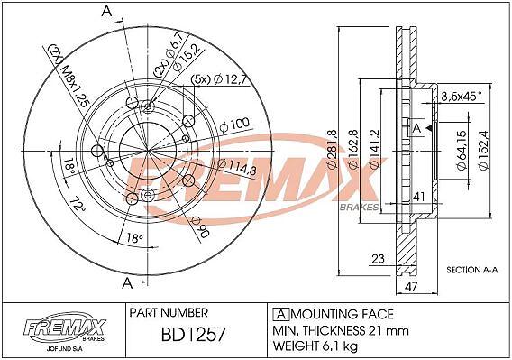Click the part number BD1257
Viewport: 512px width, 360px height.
click(193, 335)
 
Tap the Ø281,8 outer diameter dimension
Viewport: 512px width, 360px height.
click(333, 149)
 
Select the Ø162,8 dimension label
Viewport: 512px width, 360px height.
click(354, 149)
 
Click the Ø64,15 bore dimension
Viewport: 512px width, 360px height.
click(462, 150)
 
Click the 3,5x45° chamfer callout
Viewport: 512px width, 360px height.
click(461, 97)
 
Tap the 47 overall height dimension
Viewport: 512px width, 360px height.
click(411, 286)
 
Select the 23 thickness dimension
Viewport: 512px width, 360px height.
click(378, 259)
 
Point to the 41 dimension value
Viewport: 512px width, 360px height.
click(418, 197)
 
